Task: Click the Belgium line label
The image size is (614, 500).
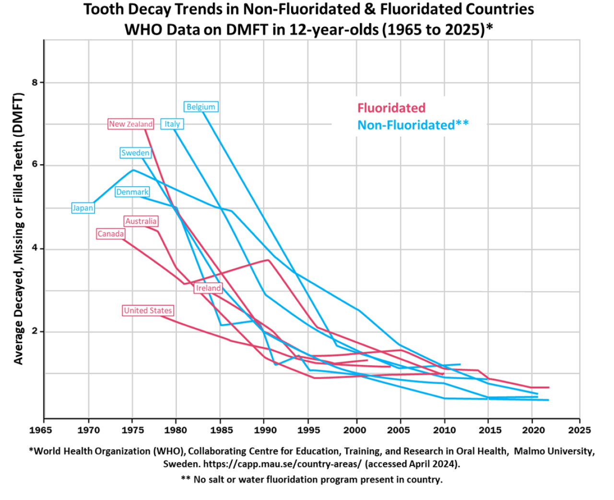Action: point(201,107)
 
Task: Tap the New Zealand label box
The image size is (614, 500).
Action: point(130,124)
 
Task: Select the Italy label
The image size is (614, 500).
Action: point(172,124)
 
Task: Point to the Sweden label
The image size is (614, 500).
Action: point(135,153)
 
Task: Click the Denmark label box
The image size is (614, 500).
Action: point(132,192)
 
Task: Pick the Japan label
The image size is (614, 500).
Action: point(83,208)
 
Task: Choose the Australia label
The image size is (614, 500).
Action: point(141,221)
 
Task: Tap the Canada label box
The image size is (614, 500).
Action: point(110,234)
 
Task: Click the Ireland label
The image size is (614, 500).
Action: point(208,288)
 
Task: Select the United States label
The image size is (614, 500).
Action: point(148,310)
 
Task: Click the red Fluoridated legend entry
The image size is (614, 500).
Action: point(391,108)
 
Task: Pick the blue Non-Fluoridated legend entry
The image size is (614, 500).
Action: point(413,125)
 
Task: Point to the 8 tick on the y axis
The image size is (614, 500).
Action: point(35,83)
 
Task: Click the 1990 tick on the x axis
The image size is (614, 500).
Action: point(265,430)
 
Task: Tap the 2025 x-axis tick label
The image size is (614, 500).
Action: point(579,430)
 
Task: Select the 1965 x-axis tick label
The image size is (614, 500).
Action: point(41,430)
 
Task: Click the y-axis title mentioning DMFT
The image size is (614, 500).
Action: point(18,228)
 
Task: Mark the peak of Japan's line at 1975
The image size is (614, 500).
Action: point(133,170)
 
